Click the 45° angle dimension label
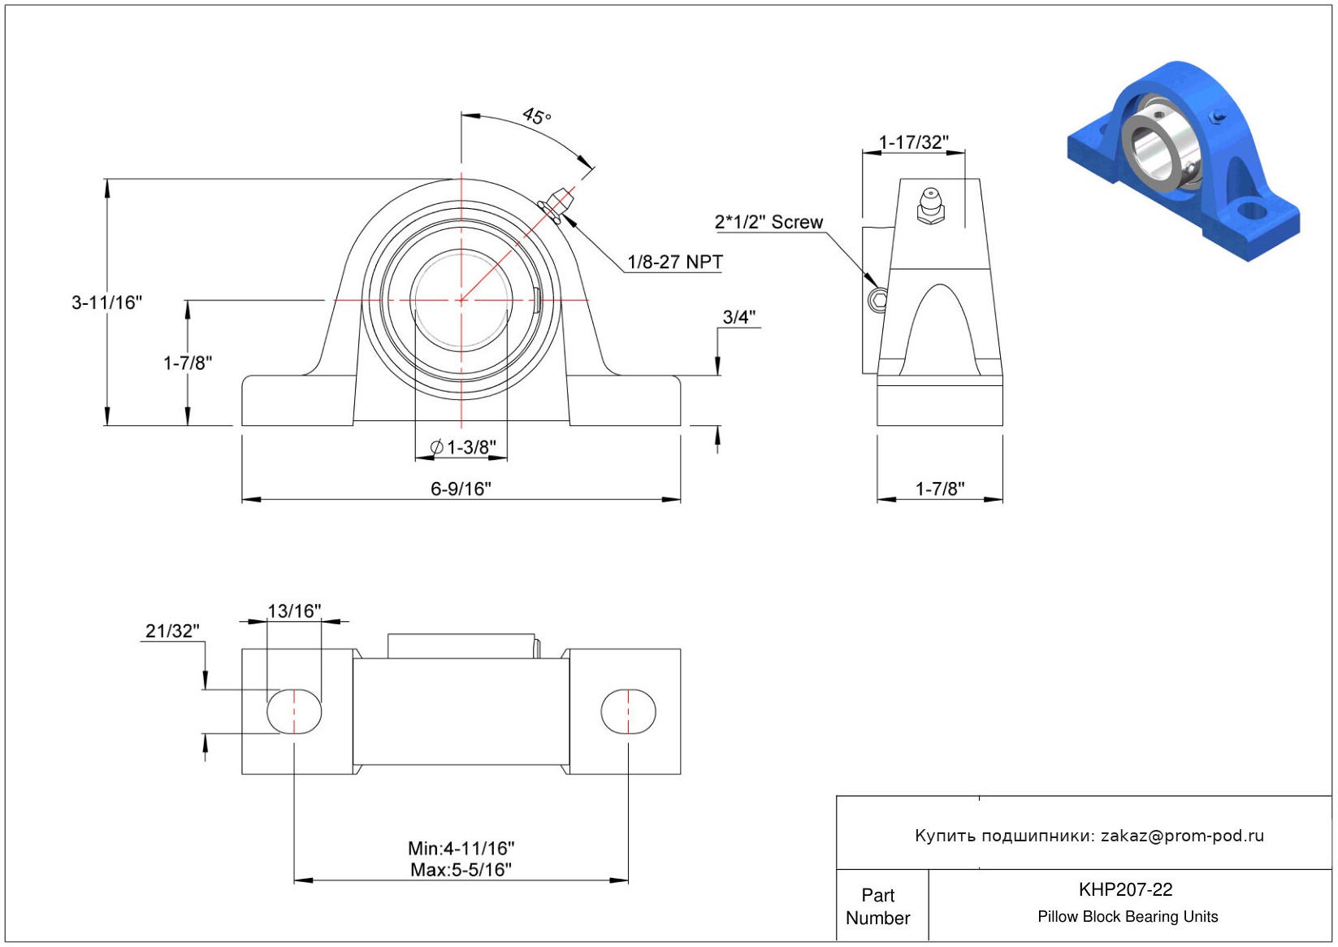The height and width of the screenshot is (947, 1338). (x=536, y=115)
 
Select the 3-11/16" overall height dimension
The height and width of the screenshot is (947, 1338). (x=107, y=302)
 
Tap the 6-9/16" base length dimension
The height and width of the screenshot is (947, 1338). (x=461, y=489)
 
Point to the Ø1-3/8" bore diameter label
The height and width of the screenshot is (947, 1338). (x=462, y=447)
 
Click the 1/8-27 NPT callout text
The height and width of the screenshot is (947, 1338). (x=675, y=262)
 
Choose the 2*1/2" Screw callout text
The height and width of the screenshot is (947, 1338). (x=769, y=223)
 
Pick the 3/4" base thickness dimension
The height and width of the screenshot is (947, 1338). (x=739, y=317)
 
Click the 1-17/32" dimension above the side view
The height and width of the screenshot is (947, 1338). (x=913, y=142)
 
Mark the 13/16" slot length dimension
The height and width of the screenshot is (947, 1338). (x=294, y=611)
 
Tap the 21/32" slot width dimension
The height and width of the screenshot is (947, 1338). (x=172, y=631)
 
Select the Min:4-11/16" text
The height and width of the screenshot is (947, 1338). (x=461, y=849)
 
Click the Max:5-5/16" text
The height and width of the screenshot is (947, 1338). (x=461, y=870)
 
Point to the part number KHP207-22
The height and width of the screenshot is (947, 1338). (x=1125, y=889)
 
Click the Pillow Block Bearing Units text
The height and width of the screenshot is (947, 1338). (x=1128, y=916)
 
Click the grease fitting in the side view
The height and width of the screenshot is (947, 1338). (x=931, y=206)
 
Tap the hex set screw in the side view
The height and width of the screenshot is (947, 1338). (x=879, y=299)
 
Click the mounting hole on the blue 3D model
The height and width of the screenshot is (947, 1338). (x=1250, y=211)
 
